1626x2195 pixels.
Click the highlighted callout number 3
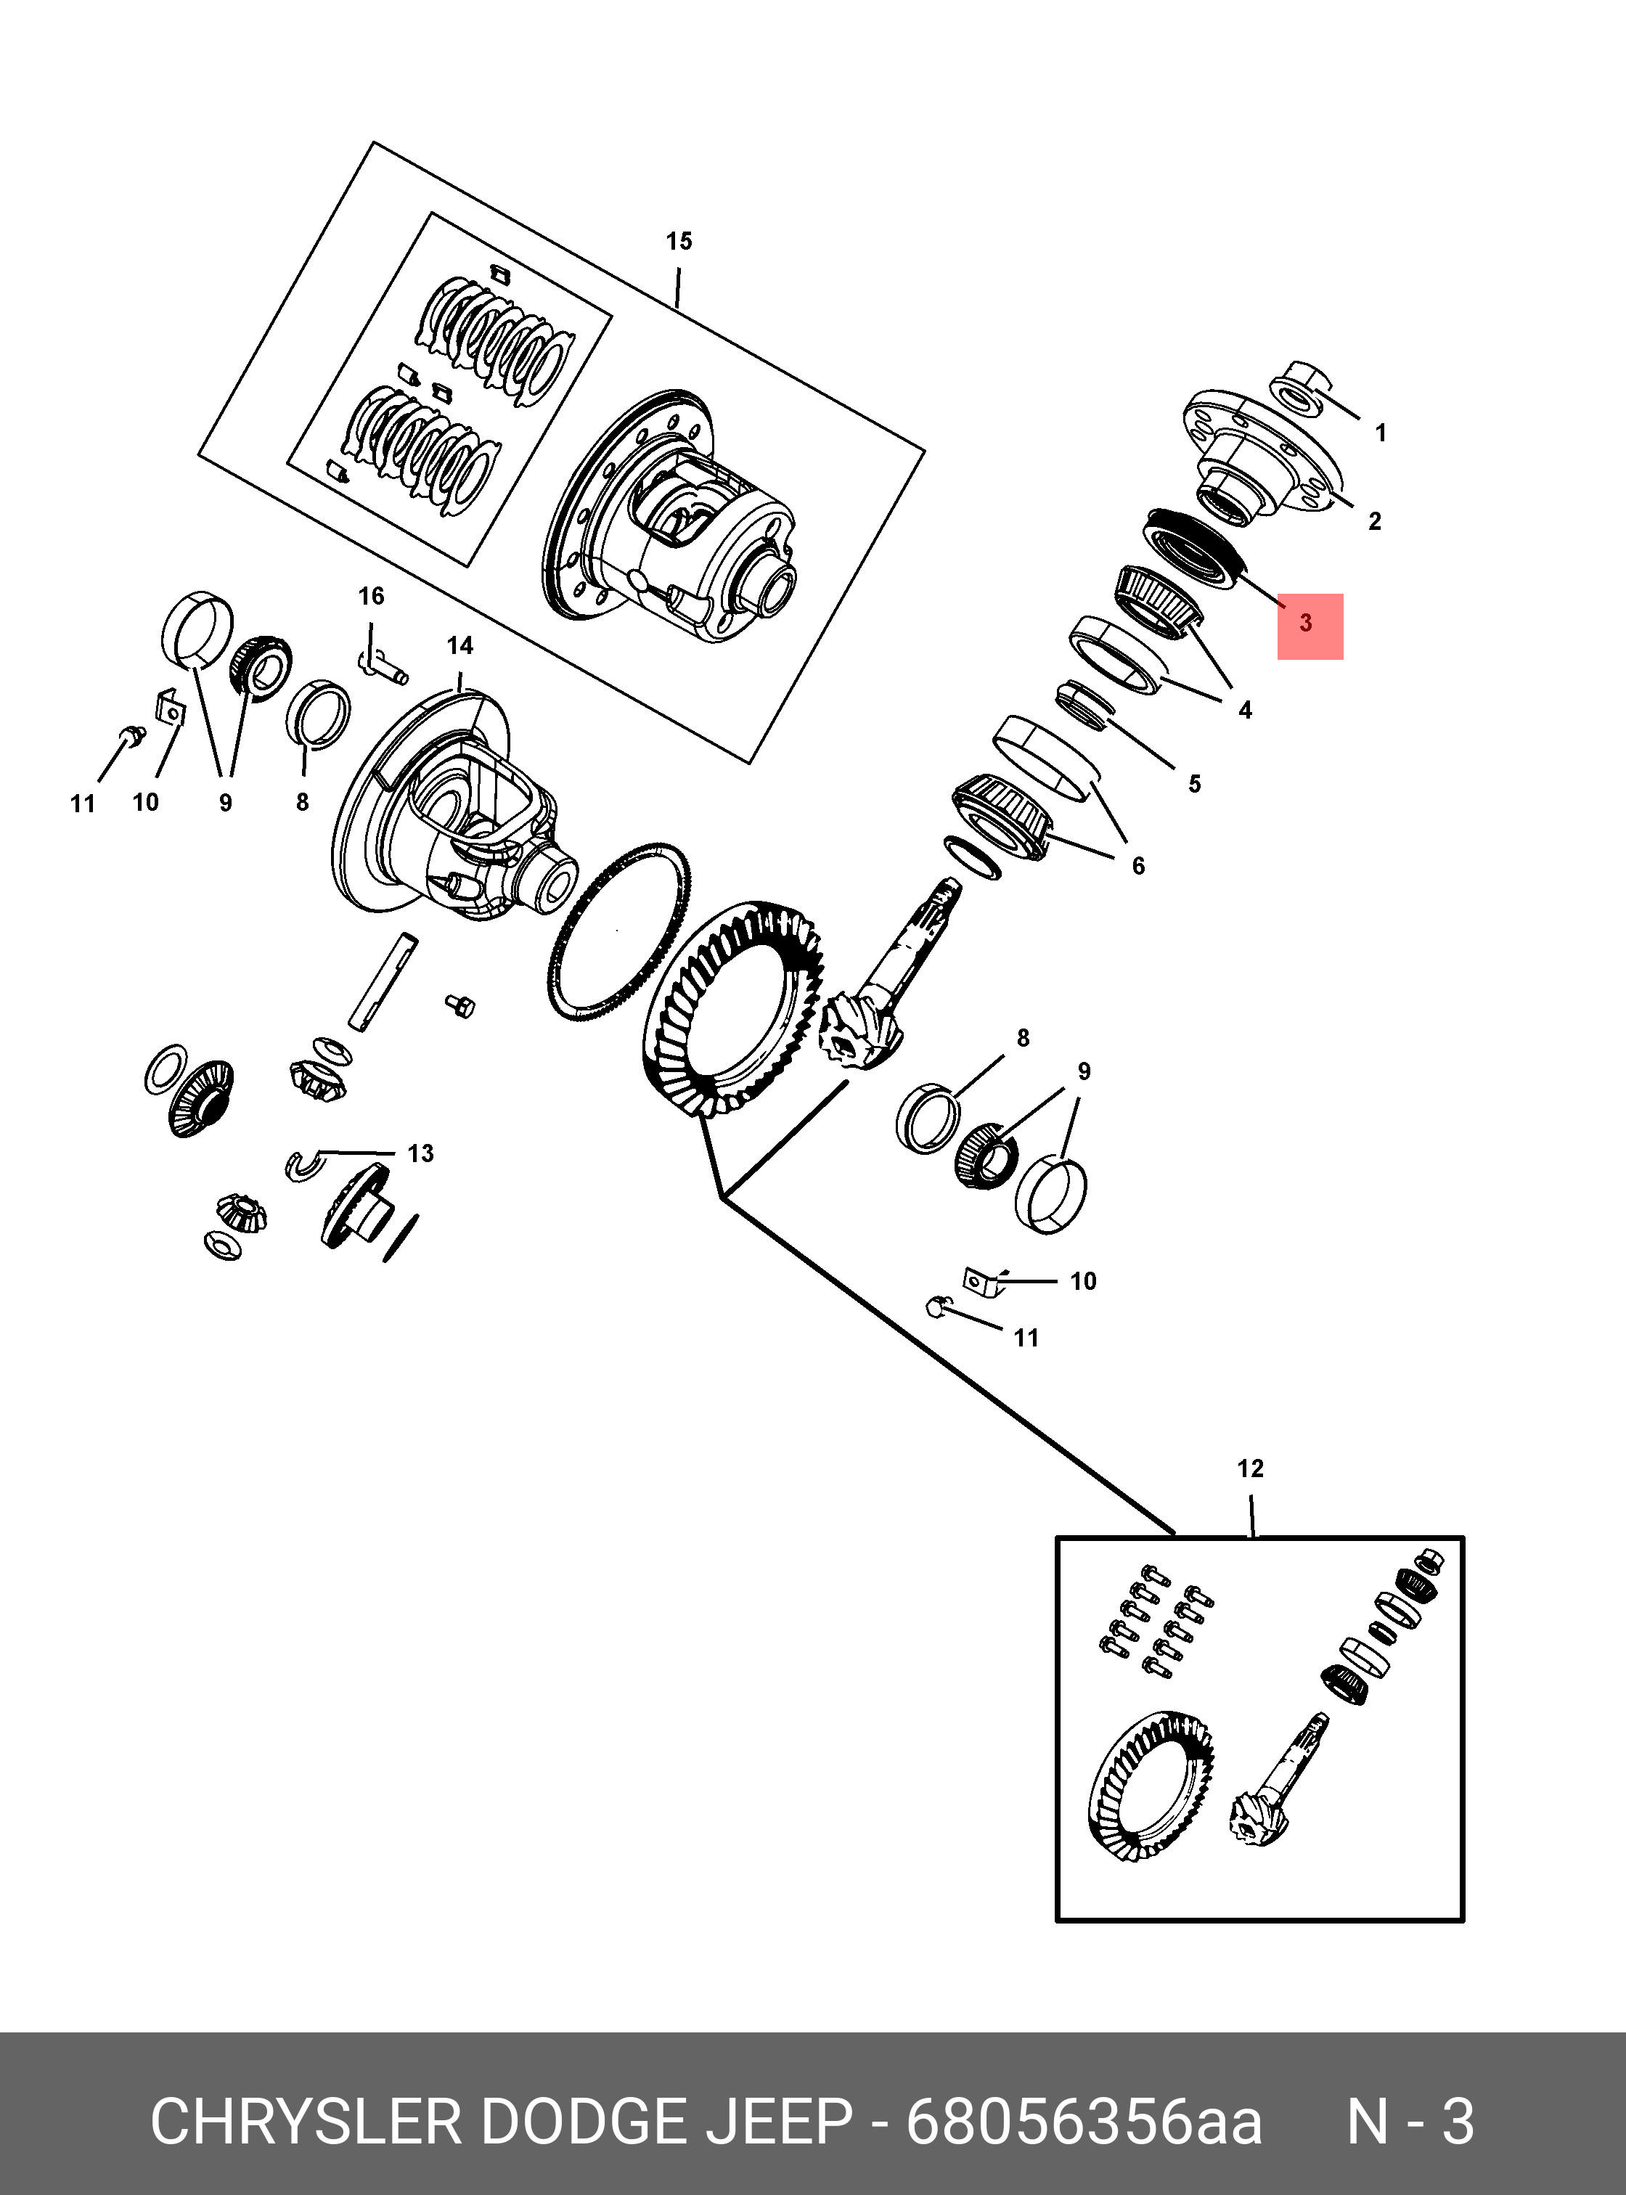1305,623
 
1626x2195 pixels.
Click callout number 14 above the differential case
459,646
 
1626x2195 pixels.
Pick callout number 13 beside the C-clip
420,1153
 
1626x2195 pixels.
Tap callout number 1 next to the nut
1380,433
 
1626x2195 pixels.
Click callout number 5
1195,785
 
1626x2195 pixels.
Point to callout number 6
1139,866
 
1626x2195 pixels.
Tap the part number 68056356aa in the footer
1084,2122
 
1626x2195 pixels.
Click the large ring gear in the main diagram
733,1009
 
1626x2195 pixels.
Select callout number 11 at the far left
83,804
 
